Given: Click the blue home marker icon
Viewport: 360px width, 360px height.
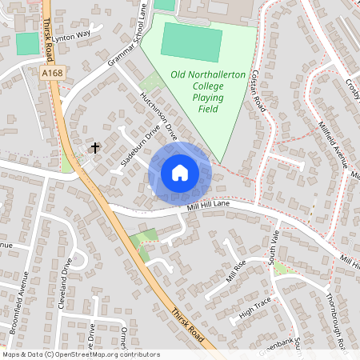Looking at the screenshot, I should (180, 173).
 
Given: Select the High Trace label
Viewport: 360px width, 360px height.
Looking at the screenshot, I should (256, 302).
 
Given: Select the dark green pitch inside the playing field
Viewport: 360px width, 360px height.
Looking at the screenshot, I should (193, 41).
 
